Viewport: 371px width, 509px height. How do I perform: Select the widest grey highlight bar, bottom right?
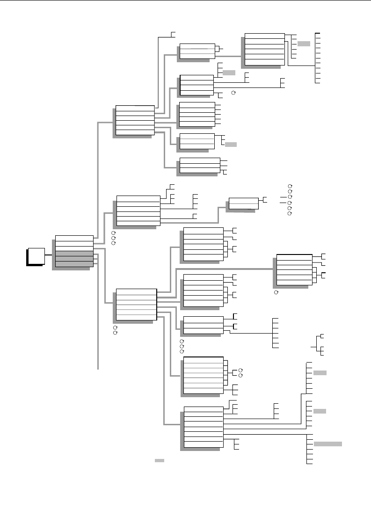[x=327, y=443]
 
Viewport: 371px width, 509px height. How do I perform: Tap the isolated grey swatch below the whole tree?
[x=159, y=461]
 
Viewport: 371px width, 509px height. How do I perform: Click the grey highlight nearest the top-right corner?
[x=304, y=44]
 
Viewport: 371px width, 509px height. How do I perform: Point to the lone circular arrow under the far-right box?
[x=276, y=291]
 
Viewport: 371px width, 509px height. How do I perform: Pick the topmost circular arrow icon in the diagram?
[x=233, y=94]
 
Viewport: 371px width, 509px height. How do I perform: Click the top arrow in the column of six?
[x=290, y=186]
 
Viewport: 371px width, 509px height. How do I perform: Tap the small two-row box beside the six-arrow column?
[x=243, y=203]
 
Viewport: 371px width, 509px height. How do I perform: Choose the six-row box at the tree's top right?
[x=264, y=49]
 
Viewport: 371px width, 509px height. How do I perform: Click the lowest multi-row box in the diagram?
[x=204, y=428]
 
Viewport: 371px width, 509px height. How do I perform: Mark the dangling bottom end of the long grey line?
[x=98, y=369]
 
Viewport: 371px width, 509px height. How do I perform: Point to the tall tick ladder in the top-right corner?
[x=318, y=58]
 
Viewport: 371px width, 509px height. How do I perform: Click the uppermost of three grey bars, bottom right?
[x=320, y=373]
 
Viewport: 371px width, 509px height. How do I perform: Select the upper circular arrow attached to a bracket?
[x=240, y=369]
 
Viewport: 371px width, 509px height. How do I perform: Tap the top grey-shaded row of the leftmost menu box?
[x=74, y=254]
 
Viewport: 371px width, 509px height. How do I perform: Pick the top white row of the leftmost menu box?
[x=74, y=238]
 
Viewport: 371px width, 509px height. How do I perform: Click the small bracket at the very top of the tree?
[x=173, y=34]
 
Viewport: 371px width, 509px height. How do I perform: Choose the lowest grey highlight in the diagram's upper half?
[x=231, y=145]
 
